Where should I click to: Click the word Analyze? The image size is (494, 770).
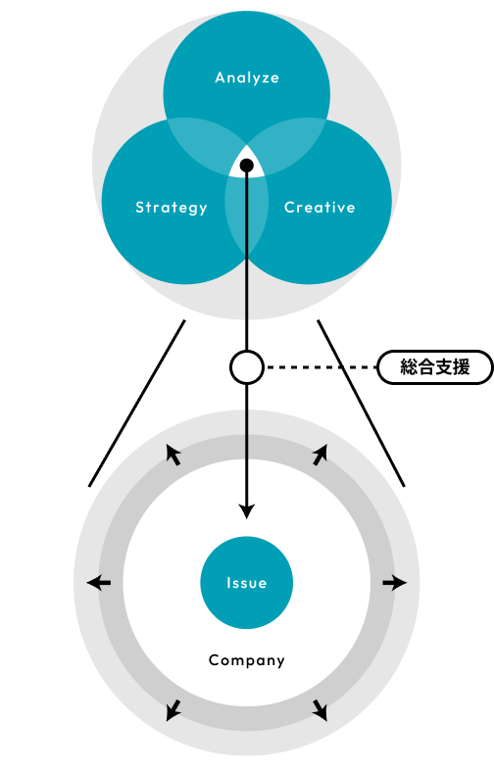pos(247,77)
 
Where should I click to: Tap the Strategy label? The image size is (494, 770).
pos(172,208)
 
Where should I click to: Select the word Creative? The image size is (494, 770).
pos(320,208)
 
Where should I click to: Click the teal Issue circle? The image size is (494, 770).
pos(247,583)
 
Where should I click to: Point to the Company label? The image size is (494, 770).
pos(247,660)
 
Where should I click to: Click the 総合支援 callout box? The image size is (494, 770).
pos(435,366)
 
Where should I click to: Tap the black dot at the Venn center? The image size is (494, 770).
pos(247,166)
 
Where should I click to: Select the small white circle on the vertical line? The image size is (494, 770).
pos(247,366)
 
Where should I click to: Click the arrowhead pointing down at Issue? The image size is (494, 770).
pos(247,510)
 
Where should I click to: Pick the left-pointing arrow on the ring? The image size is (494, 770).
pos(99,583)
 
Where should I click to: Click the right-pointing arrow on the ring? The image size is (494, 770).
pos(395,583)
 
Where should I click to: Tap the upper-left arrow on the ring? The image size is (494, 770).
pos(173,455)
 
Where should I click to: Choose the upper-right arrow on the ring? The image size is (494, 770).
pos(320,455)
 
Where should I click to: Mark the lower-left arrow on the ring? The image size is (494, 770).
pos(173,710)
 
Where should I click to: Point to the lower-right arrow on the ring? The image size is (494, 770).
pos(320,710)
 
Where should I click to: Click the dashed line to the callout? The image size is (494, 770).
pos(321,366)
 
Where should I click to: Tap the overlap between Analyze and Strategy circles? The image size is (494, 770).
pos(204,142)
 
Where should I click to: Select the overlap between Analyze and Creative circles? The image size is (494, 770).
pos(290,142)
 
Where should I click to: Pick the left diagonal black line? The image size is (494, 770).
pos(137,404)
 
